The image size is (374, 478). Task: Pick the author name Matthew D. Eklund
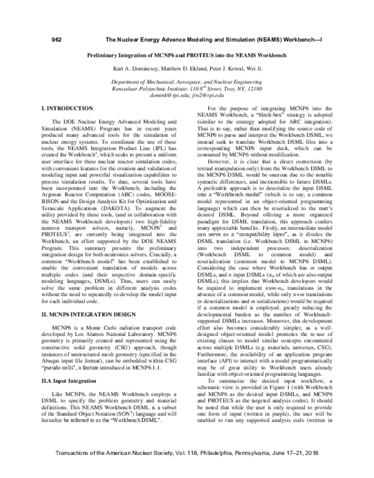click(178, 69)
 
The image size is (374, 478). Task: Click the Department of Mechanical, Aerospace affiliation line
click(187, 82)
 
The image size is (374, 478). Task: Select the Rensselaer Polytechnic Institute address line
click(187, 89)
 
